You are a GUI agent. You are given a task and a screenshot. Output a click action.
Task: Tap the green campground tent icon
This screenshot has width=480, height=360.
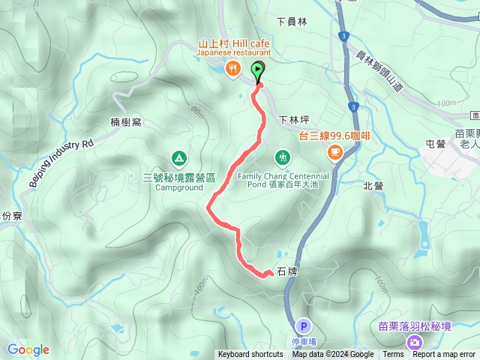point(178,157)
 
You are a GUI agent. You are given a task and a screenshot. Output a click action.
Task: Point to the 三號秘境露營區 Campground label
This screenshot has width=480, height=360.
point(179,182)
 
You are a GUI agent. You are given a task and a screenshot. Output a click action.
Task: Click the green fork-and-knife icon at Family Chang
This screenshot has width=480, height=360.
point(283,157)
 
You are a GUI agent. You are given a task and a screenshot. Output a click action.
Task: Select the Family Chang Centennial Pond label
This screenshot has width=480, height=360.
point(283,181)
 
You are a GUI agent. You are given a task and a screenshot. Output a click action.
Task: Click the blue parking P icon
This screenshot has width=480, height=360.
point(303,326)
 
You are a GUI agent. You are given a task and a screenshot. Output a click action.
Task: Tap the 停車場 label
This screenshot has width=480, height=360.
point(303,341)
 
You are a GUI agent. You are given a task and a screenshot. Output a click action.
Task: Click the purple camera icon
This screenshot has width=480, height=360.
point(414,342)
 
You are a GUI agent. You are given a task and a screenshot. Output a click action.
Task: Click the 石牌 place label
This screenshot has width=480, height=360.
point(288,271)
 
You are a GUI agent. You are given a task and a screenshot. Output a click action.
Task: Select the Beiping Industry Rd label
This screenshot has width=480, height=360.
point(61,162)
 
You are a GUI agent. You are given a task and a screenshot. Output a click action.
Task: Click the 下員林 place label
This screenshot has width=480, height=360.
point(292,22)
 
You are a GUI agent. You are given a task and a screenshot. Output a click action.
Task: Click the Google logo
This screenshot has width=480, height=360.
point(28,349)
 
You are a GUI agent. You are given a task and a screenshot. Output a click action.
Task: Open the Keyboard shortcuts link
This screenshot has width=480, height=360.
point(250,355)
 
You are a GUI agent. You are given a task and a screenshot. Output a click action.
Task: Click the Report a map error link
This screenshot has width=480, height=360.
point(444,355)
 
